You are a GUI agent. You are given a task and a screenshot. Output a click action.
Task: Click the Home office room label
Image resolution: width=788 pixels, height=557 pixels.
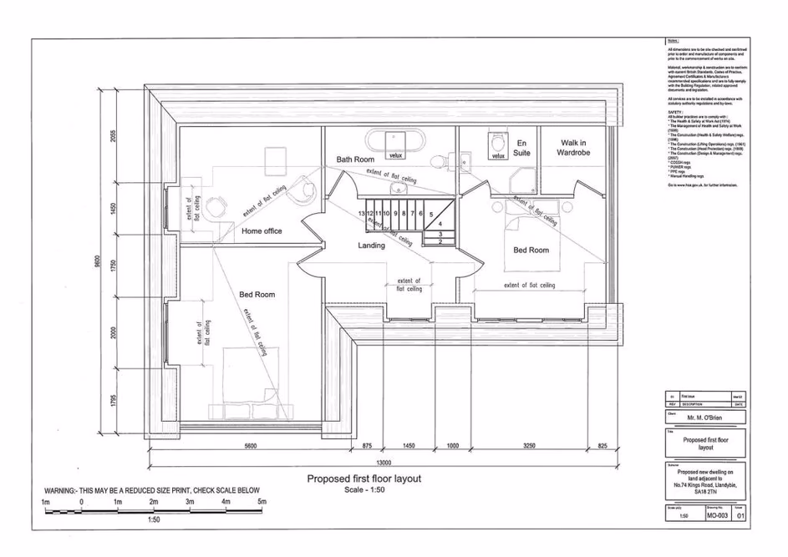[262, 231]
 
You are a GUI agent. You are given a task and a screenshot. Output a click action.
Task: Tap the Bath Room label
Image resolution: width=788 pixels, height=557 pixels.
[354, 159]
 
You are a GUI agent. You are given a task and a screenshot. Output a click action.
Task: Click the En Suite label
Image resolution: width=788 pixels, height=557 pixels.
[522, 148]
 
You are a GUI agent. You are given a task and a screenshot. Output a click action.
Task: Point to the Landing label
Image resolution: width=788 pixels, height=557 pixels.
[371, 246]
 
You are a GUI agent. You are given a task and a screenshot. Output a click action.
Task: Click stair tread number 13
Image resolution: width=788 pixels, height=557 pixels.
[361, 214]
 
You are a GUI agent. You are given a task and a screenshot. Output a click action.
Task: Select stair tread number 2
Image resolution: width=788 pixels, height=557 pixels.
[440, 242]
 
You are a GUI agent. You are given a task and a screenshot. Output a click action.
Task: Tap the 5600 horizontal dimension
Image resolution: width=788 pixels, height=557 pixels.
[250, 447]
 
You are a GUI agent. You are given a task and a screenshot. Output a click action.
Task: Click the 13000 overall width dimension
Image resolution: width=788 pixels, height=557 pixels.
[383, 463]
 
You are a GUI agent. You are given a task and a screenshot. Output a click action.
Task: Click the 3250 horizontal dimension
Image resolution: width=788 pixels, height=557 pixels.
[529, 447]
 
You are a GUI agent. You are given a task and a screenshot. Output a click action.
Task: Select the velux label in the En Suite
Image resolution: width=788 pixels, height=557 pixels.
[498, 155]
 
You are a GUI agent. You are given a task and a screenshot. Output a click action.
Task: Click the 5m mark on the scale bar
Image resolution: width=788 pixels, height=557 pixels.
[262, 502]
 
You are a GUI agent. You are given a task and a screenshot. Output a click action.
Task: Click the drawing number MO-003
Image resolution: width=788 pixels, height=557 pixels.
[717, 516]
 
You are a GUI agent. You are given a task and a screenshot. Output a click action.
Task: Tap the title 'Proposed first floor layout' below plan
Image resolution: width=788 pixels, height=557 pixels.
[363, 479]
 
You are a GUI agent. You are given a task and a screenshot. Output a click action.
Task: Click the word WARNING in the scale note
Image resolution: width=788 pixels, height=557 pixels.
[65, 490]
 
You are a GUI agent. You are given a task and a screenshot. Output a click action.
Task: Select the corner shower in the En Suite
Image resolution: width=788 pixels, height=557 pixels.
[524, 176]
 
